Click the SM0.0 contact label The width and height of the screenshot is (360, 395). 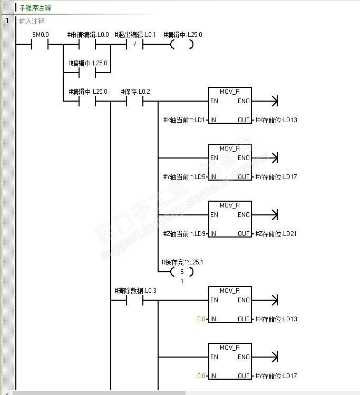pyautogui.click(x=41, y=35)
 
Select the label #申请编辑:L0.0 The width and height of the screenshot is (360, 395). pyautogui.click(x=88, y=35)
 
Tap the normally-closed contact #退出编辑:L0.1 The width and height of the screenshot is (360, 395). pyautogui.click(x=135, y=45)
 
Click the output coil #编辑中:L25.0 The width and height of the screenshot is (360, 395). pyautogui.click(x=181, y=45)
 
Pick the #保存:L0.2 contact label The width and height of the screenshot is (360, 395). pyautogui.click(x=135, y=92)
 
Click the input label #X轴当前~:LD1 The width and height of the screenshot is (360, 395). pyautogui.click(x=184, y=120)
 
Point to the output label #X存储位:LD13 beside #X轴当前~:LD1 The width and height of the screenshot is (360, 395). pyautogui.click(x=276, y=120)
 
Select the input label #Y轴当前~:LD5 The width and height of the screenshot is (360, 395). pyautogui.click(x=184, y=177)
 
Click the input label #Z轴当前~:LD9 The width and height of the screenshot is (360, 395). pyautogui.click(x=184, y=234)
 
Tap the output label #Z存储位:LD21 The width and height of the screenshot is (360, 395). pyautogui.click(x=276, y=234)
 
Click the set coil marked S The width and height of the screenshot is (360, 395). pyautogui.click(x=182, y=272)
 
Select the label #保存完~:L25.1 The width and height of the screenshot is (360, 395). pyautogui.click(x=182, y=262)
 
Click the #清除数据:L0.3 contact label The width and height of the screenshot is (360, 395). pyautogui.click(x=135, y=291)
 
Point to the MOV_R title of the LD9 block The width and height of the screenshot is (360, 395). pyautogui.click(x=230, y=205)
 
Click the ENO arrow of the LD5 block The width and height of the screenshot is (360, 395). pyautogui.click(x=274, y=158)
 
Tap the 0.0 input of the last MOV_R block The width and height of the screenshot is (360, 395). pyautogui.click(x=201, y=376)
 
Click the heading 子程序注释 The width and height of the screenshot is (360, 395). pyautogui.click(x=35, y=8)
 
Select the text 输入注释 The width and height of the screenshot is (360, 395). pyautogui.click(x=32, y=21)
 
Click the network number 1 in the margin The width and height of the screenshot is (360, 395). pyautogui.click(x=7, y=21)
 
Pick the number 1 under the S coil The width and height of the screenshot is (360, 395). pyautogui.click(x=182, y=281)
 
